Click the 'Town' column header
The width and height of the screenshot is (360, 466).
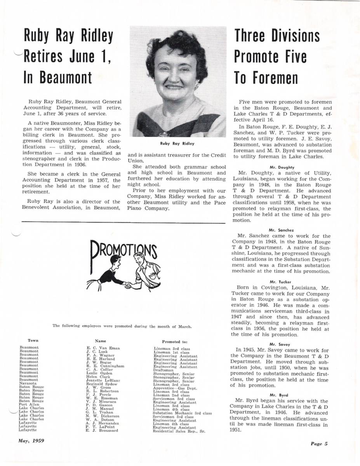coord(33,340)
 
